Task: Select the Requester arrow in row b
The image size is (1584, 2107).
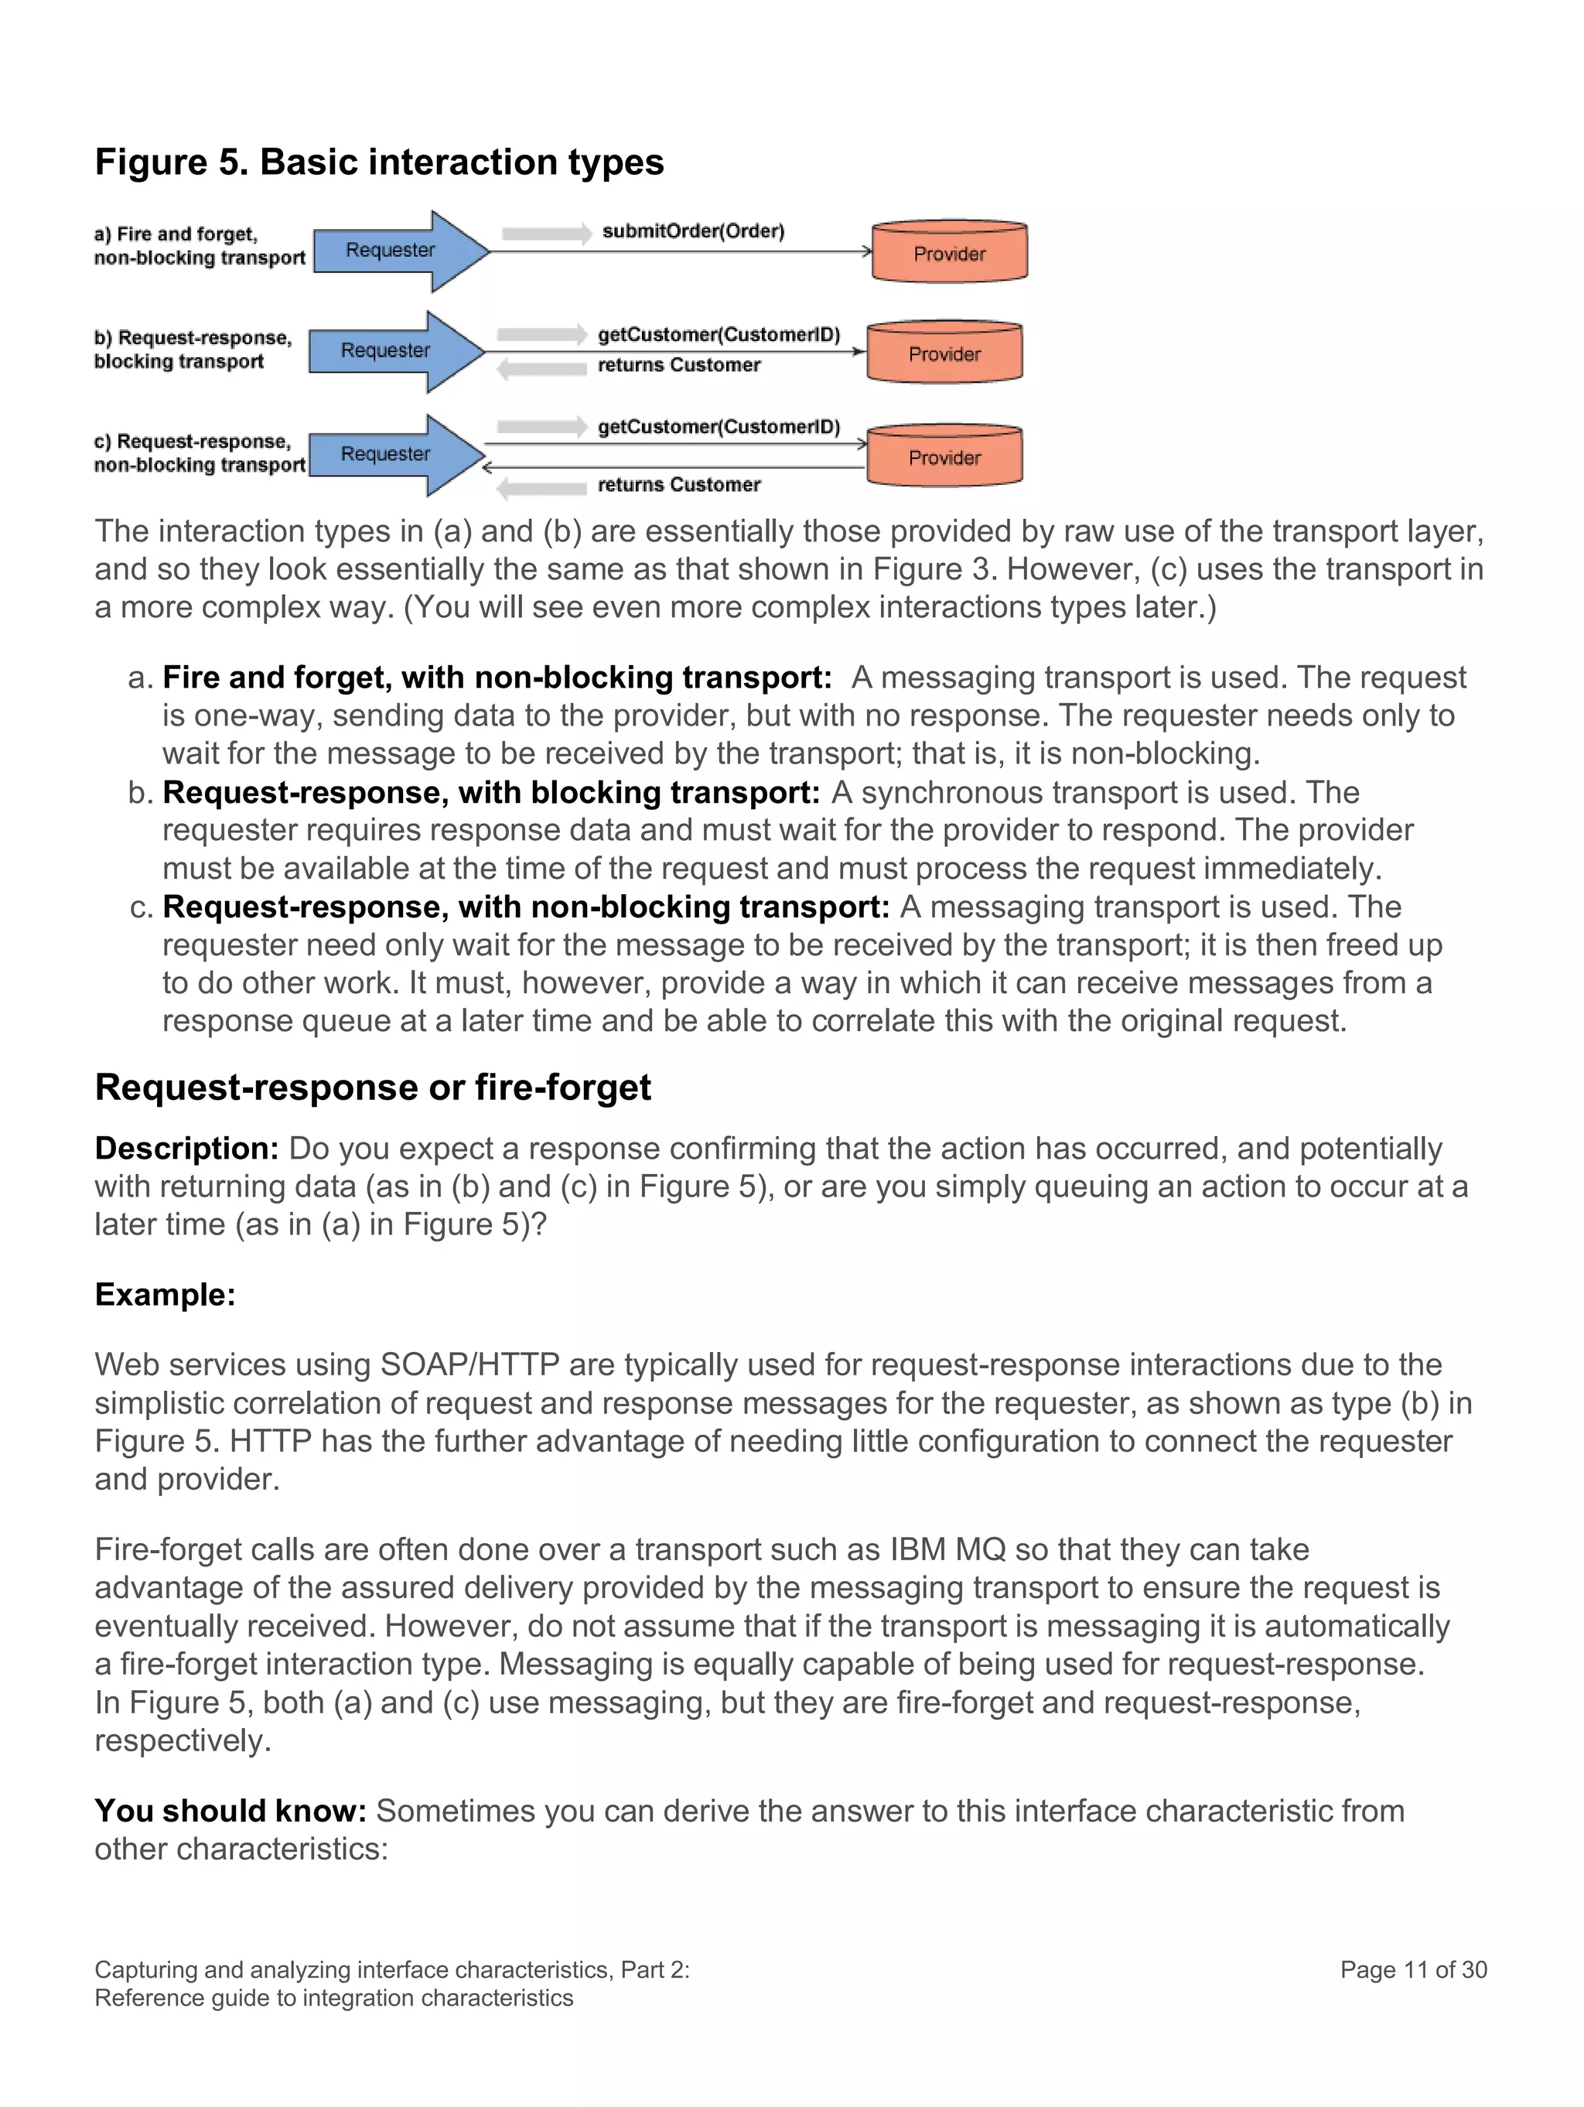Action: [x=386, y=350]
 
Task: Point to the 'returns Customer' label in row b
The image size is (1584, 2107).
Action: [x=678, y=365]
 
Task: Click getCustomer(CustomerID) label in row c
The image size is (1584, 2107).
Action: [x=719, y=427]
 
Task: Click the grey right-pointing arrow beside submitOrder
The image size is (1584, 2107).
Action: [x=547, y=234]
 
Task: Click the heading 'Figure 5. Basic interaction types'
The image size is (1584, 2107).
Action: [x=379, y=162]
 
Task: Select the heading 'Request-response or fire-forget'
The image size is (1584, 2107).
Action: [x=373, y=1087]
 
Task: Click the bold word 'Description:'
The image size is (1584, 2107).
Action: [x=186, y=1149]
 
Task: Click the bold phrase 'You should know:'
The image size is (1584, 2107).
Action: [x=230, y=1811]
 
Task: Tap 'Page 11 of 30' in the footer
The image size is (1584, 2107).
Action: [x=1412, y=1970]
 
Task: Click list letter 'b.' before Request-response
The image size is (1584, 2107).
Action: [x=140, y=793]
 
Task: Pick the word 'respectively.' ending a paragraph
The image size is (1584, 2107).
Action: [x=182, y=1740]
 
